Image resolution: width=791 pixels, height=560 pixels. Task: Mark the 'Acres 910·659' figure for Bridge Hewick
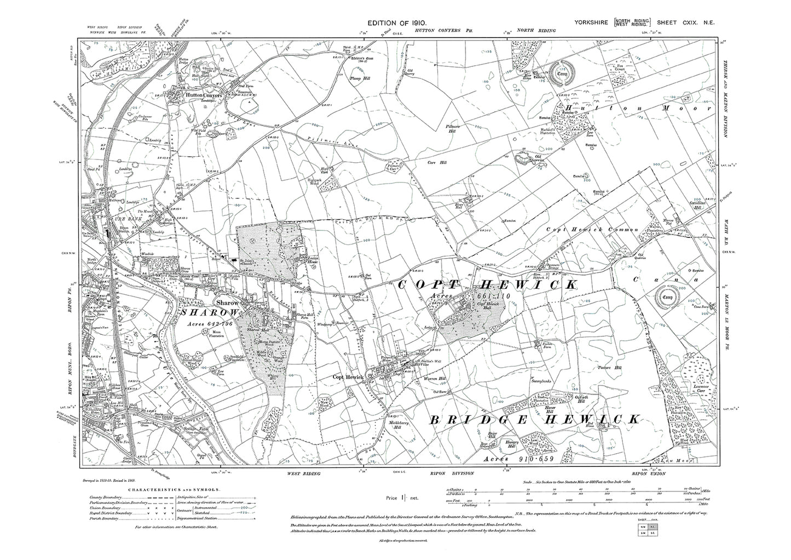513,458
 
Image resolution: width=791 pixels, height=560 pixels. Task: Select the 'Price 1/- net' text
402,498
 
